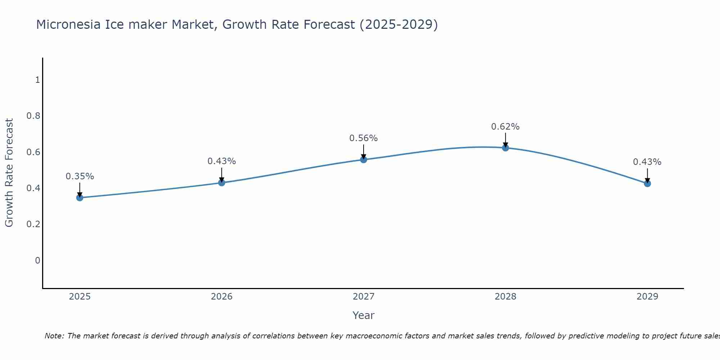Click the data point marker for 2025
coord(80,198)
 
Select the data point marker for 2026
coord(222,183)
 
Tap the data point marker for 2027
coord(364,159)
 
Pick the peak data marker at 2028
coord(505,148)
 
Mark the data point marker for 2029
coord(647,184)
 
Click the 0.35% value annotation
coord(80,176)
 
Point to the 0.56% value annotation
coord(364,138)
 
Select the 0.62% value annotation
coord(505,127)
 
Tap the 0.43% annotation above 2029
coord(647,162)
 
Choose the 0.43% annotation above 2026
coord(222,161)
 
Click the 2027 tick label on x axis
coord(364,297)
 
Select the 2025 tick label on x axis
coord(80,297)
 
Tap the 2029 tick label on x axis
coord(647,297)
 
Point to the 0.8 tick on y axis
coord(33,116)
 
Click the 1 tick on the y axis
coord(37,80)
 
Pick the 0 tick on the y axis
coord(37,260)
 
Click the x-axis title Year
coord(364,315)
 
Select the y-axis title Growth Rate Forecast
coord(9,173)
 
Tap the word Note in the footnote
coord(54,336)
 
